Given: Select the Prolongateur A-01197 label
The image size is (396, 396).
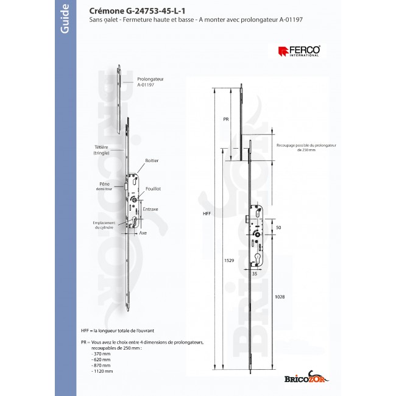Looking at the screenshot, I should [x=150, y=82].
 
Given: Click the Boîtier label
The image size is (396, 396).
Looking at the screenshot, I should [x=152, y=161].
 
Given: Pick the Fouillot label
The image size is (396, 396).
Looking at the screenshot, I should [x=152, y=189].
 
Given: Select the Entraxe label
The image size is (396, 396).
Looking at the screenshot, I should [x=150, y=209].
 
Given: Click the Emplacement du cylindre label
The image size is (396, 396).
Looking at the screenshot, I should [x=98, y=225].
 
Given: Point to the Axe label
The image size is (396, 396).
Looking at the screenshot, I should [x=144, y=233].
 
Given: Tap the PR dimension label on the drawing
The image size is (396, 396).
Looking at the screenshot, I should [x=225, y=120].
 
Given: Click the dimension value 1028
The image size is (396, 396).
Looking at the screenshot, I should [x=280, y=297].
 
